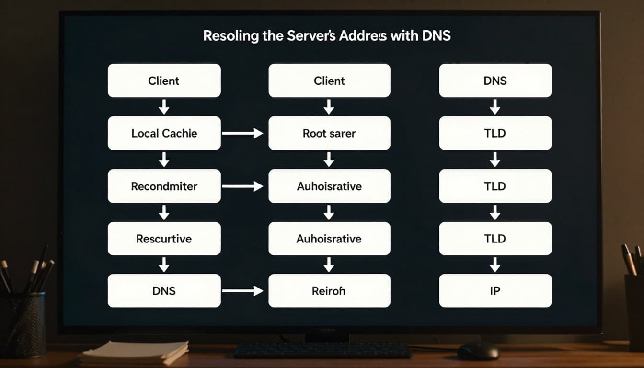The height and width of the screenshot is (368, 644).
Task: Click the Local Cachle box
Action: (x=164, y=133)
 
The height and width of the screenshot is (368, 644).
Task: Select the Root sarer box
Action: (x=329, y=133)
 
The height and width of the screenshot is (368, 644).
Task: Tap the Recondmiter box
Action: (x=164, y=186)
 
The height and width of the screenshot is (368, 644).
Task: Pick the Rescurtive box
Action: (x=164, y=239)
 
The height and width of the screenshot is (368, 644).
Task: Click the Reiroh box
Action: (x=329, y=291)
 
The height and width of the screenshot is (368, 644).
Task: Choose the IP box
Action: (x=495, y=291)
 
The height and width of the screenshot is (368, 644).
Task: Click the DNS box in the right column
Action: (x=495, y=80)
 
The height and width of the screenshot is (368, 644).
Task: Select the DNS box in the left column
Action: (x=164, y=291)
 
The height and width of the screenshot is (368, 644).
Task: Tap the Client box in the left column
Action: (x=164, y=80)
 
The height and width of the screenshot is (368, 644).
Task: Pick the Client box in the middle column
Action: (x=329, y=80)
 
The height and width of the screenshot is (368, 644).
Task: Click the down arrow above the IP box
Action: (x=495, y=264)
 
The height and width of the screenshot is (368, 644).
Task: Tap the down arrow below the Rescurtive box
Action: (x=164, y=264)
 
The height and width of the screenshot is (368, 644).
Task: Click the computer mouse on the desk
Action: (x=477, y=351)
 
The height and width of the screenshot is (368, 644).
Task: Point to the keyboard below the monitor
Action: (x=322, y=351)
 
